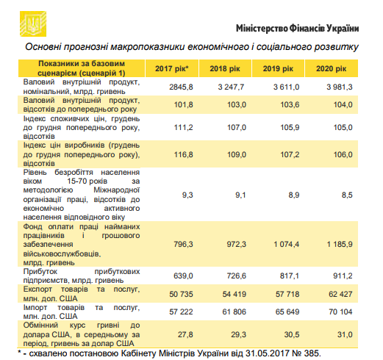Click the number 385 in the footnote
coord(312,354)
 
